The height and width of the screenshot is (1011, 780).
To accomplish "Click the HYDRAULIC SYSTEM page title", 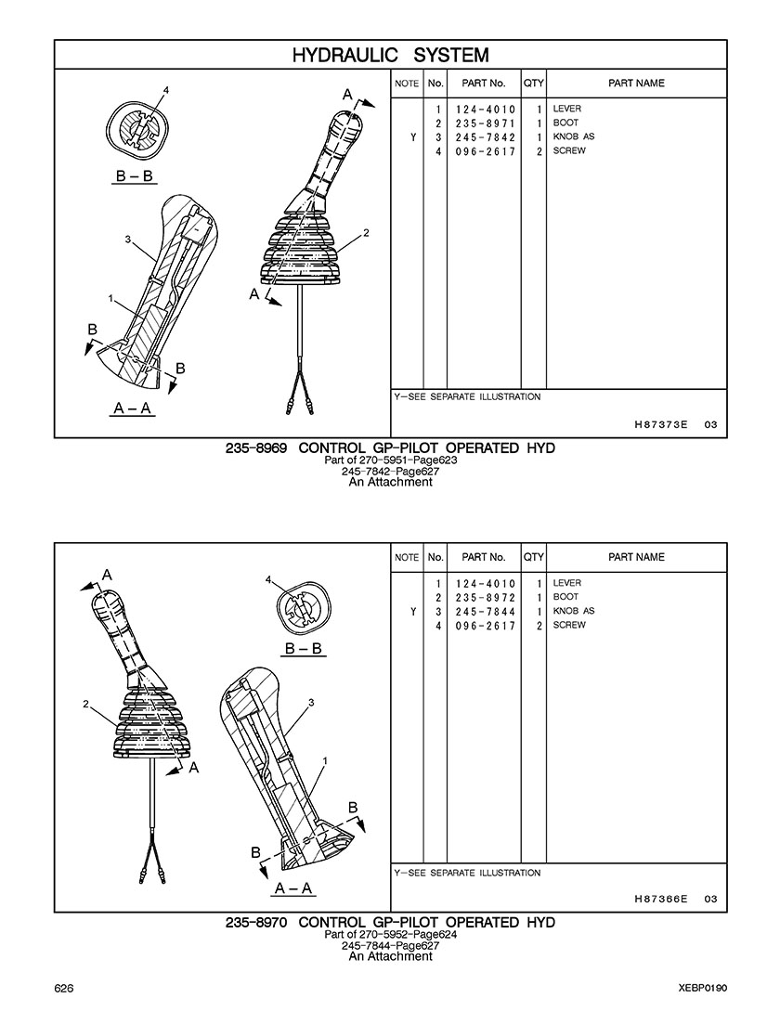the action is point(390,56).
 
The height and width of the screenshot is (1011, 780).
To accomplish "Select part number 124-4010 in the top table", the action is point(485,110).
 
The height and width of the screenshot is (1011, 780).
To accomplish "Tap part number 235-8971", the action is point(485,123).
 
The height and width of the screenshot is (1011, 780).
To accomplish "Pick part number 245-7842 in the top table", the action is point(485,138).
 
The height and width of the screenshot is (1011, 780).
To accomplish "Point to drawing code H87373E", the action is point(661,425).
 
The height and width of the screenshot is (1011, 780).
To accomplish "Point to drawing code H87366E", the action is point(661,900).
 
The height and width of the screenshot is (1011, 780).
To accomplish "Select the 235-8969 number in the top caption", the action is point(256,448).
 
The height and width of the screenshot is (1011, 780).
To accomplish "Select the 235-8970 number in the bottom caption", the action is point(256,923).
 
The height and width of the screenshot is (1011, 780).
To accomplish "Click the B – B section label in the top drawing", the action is point(135,176).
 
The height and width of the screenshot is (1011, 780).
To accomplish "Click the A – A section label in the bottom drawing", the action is point(293,888).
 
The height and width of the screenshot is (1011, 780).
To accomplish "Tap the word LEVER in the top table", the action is point(567,109).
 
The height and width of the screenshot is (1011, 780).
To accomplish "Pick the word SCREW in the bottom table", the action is point(569,626).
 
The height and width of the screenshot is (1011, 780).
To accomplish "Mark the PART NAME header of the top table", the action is point(636,84).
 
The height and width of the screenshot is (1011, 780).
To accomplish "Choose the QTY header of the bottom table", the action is point(534,557).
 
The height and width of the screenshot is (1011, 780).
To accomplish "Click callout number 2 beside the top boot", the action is point(367,233).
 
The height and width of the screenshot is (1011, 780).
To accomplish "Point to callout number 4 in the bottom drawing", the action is point(268,579).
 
